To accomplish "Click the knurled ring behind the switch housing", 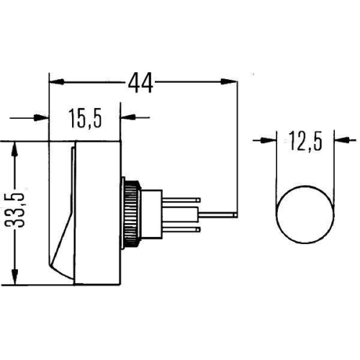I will tap(130, 213).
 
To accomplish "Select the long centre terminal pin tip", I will tap(232, 214).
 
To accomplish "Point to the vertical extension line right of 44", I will tap(237, 144).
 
